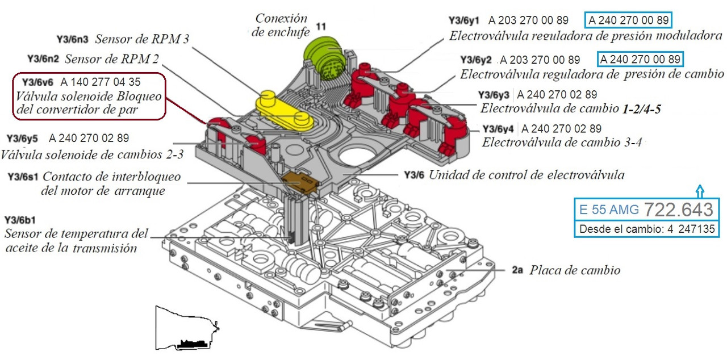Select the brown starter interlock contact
point(299,183)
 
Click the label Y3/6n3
point(72,39)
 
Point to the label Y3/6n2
point(43,59)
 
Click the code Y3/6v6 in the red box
point(37,82)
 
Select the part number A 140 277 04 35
point(101,82)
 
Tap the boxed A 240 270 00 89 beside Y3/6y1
point(628,20)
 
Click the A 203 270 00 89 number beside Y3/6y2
point(540,60)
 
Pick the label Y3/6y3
point(494,95)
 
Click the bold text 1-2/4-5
point(642,109)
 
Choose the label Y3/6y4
point(498,129)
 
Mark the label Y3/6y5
point(22,139)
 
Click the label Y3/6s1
point(23,177)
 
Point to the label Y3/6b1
point(20,220)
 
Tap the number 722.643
point(679,210)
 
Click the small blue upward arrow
point(700,191)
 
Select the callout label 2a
point(517,270)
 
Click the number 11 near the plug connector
point(321,27)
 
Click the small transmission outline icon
point(187,328)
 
